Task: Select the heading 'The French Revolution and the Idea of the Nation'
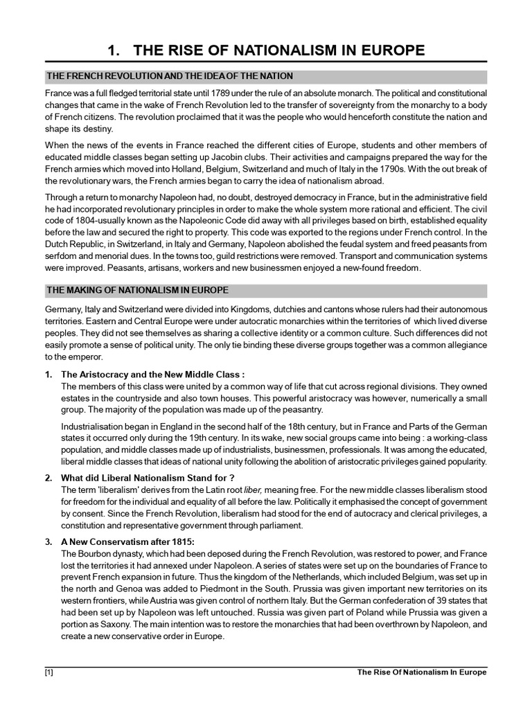(170, 75)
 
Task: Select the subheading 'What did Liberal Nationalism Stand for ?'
(148, 478)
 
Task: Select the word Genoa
(114, 587)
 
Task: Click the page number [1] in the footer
(48, 672)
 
